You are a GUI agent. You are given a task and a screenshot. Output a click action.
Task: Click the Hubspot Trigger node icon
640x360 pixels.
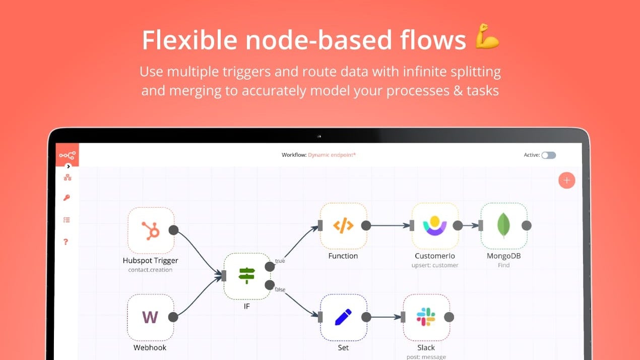point(151,230)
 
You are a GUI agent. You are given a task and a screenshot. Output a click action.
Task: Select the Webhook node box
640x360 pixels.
point(151,317)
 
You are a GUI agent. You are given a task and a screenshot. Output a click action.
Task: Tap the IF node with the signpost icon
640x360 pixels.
point(247,276)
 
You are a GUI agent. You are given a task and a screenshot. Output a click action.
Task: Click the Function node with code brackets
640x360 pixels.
point(343,226)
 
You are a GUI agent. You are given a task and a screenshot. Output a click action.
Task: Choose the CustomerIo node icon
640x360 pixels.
point(435,226)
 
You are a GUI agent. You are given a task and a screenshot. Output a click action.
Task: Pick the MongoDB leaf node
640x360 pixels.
point(503,226)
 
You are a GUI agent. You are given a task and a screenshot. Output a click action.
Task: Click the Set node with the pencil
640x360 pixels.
point(343,317)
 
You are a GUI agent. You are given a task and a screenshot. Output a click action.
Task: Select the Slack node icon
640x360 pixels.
point(426,317)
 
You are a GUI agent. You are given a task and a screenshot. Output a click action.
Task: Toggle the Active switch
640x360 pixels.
point(548,155)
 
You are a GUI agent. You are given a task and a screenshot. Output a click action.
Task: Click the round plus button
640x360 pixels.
point(567,181)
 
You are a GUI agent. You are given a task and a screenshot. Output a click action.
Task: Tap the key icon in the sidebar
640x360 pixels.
point(67,198)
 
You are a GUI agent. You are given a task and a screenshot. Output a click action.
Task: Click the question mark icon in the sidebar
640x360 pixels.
point(66,242)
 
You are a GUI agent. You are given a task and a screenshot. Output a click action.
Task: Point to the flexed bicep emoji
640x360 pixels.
point(487,36)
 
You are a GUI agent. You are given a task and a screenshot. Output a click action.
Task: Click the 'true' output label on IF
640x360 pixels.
point(280,261)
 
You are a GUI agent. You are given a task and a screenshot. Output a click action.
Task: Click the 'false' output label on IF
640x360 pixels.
point(280,289)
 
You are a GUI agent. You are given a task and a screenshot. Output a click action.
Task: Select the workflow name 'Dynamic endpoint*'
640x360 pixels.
point(332,155)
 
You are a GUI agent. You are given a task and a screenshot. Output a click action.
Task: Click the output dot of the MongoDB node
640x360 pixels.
point(527,226)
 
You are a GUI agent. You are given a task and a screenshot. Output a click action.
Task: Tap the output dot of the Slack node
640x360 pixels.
point(449,317)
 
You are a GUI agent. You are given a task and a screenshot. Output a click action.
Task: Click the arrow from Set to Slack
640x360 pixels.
point(386,317)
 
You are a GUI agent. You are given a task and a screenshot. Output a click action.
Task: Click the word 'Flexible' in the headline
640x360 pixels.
point(188,39)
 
